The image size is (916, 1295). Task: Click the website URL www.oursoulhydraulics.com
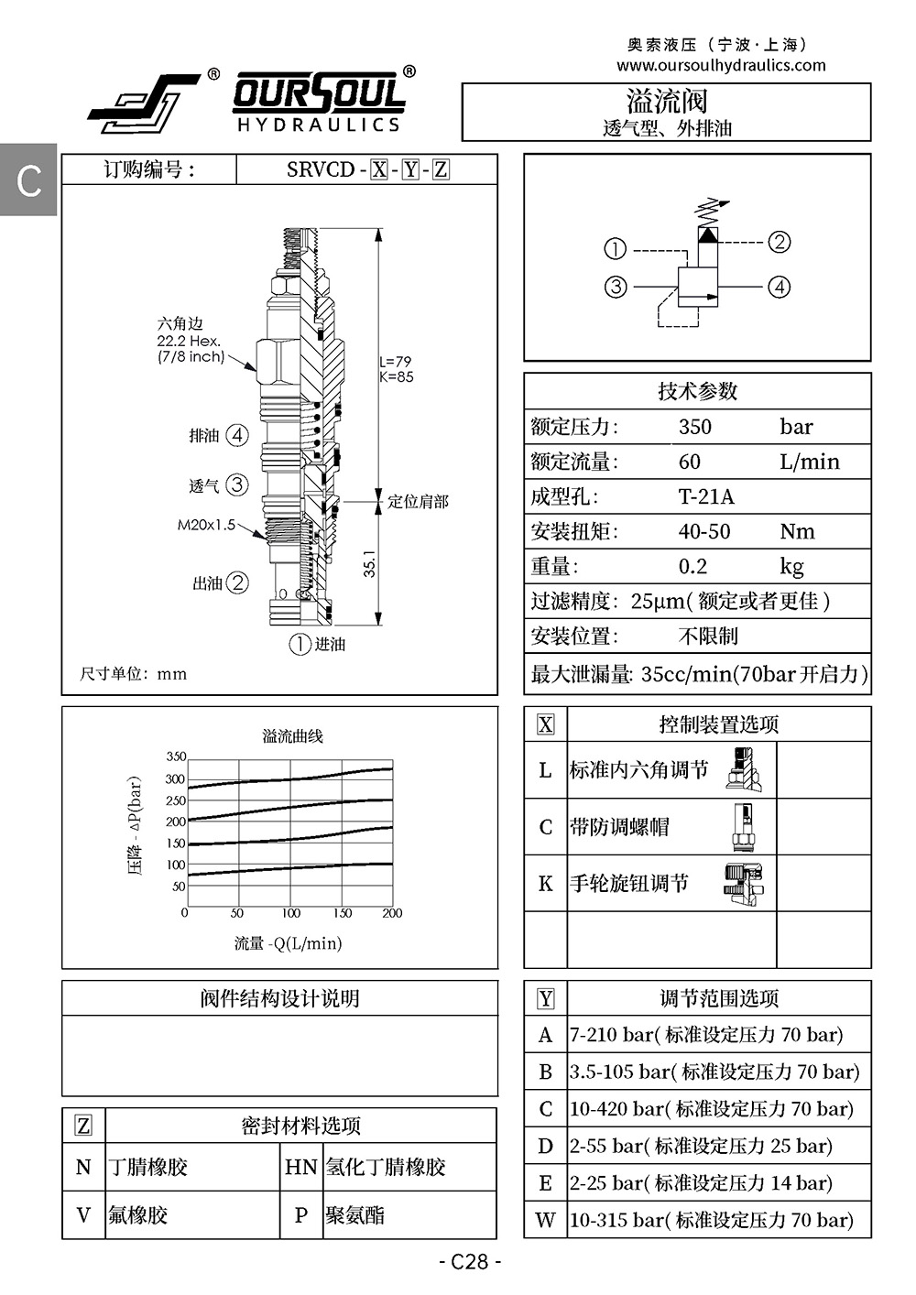[721, 65]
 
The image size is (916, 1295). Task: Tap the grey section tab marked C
[28, 180]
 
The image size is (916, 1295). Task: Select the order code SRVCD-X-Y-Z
[368, 169]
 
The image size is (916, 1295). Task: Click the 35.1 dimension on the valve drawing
[369, 563]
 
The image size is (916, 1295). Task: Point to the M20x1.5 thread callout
[206, 525]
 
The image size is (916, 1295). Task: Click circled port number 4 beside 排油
[237, 435]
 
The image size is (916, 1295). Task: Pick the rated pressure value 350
[694, 427]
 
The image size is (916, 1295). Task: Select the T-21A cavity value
[706, 496]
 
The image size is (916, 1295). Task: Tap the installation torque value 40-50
[704, 531]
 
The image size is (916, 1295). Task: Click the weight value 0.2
[692, 566]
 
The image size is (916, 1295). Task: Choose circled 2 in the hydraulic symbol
[780, 242]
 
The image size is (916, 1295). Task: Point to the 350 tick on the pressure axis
[176, 756]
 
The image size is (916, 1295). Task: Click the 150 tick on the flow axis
[343, 913]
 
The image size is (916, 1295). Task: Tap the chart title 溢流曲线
[292, 736]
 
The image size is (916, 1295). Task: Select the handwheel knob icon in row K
[744, 885]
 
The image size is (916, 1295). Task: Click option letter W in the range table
[545, 1220]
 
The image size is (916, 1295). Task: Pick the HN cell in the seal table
[300, 1167]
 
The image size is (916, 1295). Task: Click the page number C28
[470, 1261]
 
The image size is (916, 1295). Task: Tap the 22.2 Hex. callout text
[189, 341]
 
